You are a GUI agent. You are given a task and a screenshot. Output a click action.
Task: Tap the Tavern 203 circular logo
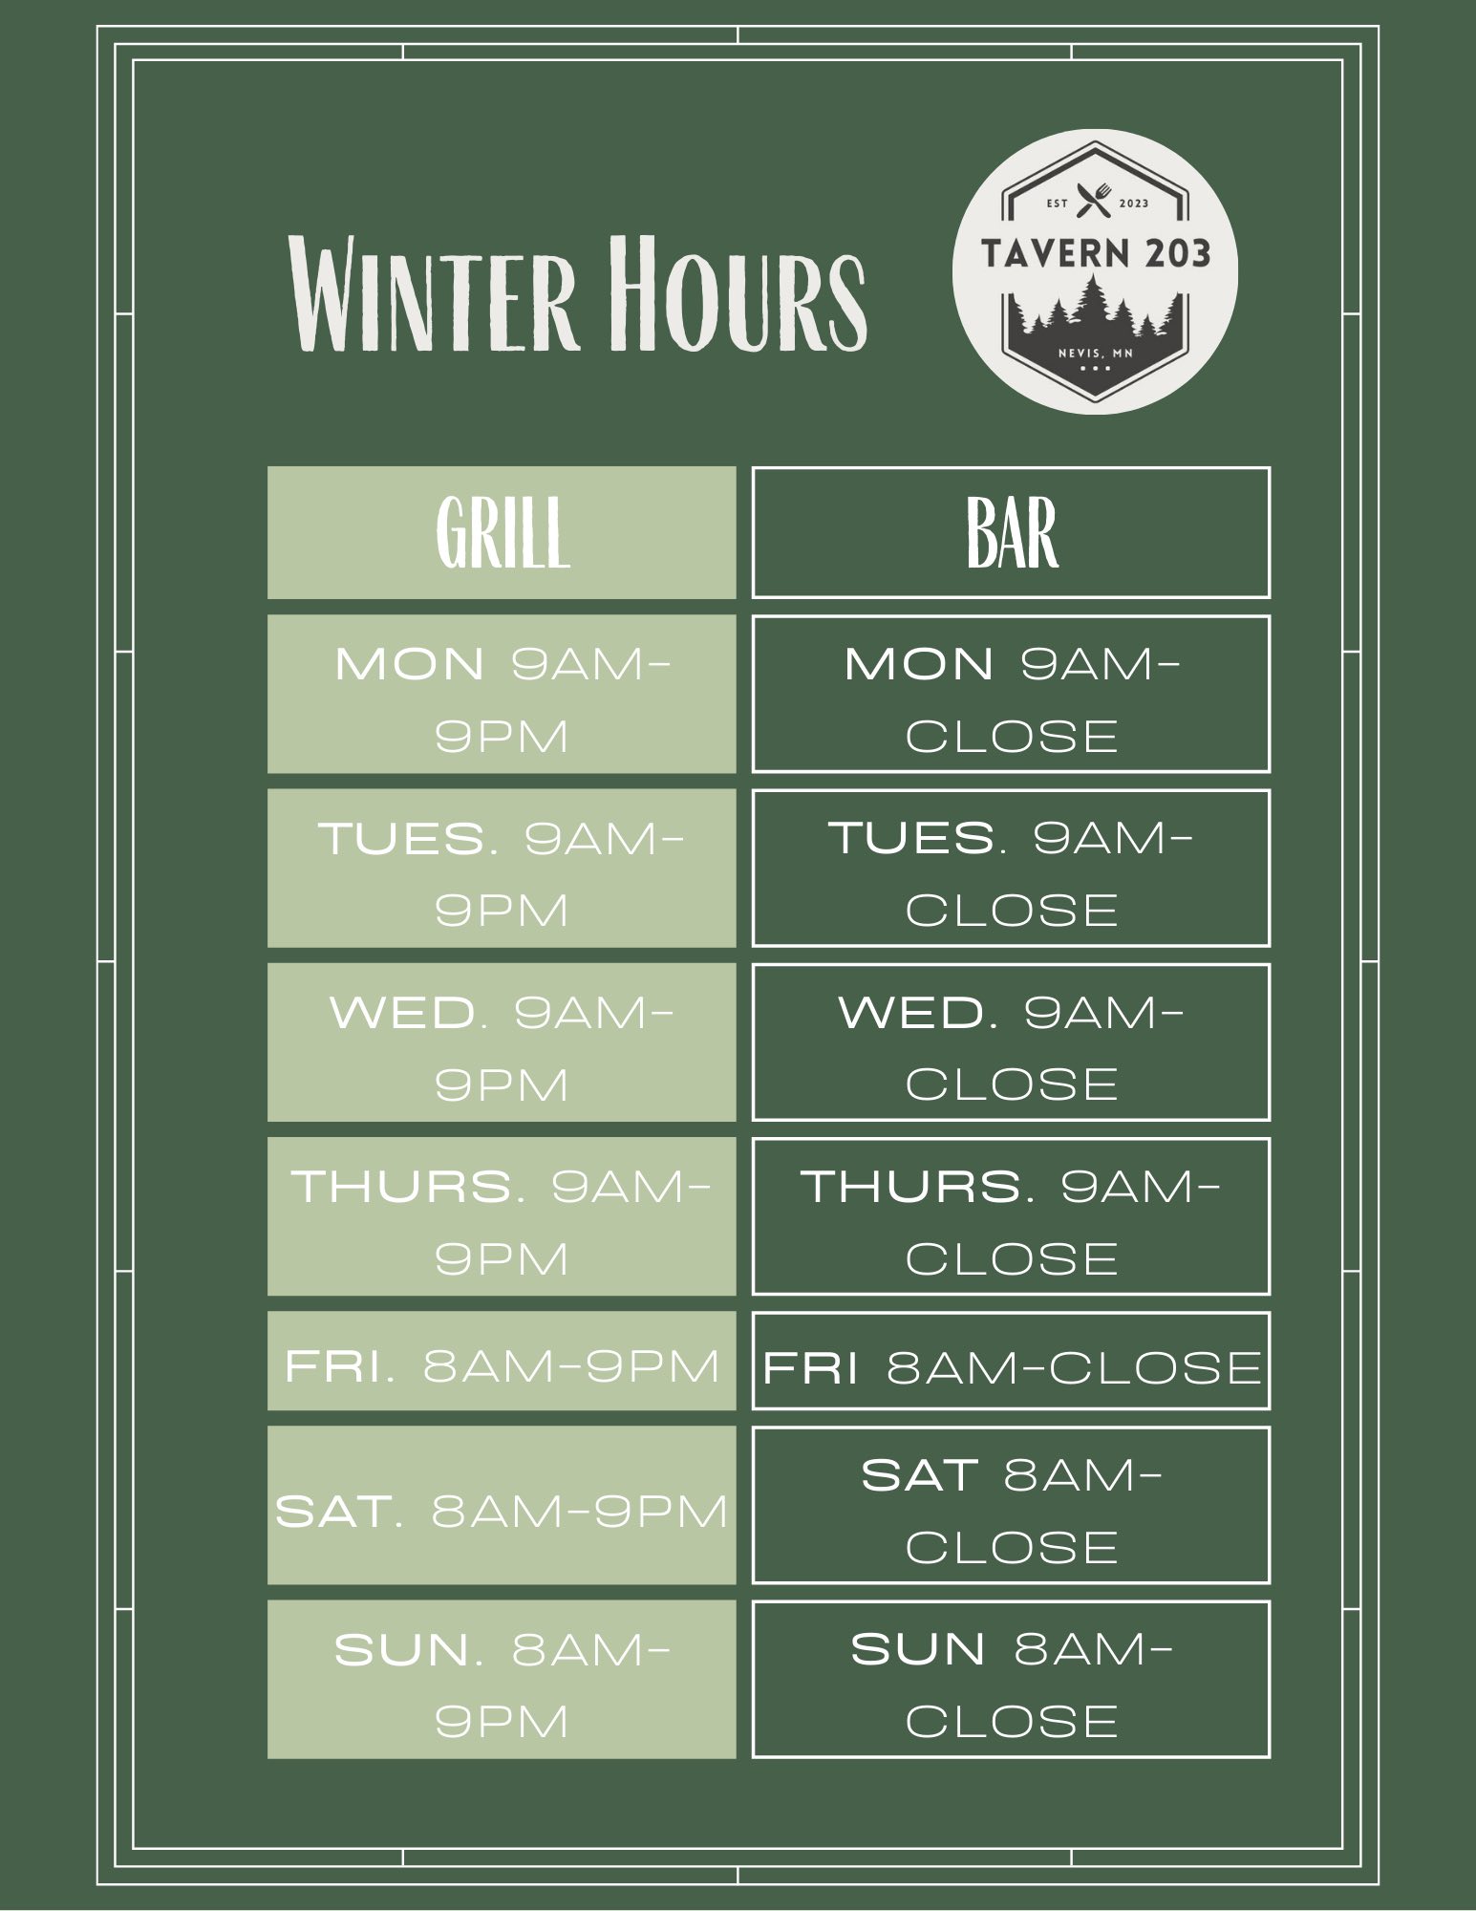pyautogui.click(x=1095, y=271)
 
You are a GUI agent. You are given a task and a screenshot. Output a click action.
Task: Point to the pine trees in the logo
pyautogui.click(x=1095, y=308)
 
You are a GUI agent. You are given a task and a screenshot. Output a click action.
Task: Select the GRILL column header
pyautogui.click(x=502, y=533)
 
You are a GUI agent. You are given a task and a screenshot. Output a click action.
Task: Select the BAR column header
pyautogui.click(x=1011, y=533)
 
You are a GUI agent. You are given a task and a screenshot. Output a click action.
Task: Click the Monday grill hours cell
pyautogui.click(x=502, y=694)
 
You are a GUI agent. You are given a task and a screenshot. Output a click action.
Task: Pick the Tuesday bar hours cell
pyautogui.click(x=1011, y=868)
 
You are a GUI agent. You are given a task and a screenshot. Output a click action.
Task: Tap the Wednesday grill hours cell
pyautogui.click(x=502, y=1041)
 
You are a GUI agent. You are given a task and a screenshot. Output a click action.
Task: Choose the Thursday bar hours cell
pyautogui.click(x=1011, y=1215)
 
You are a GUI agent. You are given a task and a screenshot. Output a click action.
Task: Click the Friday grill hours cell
pyautogui.click(x=502, y=1361)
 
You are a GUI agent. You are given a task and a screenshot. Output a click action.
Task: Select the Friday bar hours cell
pyautogui.click(x=1011, y=1361)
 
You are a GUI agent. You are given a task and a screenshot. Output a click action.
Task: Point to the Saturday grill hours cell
pyautogui.click(x=502, y=1505)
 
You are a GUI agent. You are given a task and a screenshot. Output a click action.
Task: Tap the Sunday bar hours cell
pyautogui.click(x=1011, y=1679)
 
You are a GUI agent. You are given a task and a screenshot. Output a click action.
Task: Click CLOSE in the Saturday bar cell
pyautogui.click(x=1012, y=1547)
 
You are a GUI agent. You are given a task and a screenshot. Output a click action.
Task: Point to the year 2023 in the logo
pyautogui.click(x=1133, y=204)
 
